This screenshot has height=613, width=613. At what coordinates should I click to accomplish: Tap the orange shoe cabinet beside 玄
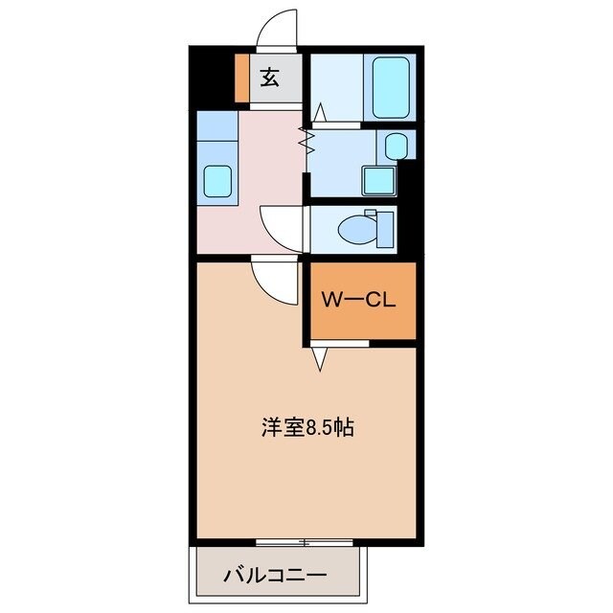point(241,79)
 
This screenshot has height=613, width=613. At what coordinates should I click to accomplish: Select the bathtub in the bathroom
point(390,86)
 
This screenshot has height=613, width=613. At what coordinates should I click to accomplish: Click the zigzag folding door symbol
point(308,141)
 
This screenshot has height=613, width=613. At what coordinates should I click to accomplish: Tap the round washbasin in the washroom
point(397,146)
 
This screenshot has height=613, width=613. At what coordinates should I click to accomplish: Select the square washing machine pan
point(378,180)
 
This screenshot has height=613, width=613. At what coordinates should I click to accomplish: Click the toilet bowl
point(358,228)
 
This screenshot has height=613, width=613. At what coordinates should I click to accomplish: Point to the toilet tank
point(385,229)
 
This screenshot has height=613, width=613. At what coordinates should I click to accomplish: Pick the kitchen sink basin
point(216,180)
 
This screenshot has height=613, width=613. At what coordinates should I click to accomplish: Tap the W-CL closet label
point(359,300)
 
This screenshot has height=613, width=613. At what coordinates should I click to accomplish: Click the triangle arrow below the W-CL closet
point(320,358)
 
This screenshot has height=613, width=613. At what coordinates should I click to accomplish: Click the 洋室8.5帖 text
point(306,427)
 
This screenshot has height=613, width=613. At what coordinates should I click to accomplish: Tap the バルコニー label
point(276,576)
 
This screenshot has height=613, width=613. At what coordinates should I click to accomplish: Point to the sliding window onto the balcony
point(305,542)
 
